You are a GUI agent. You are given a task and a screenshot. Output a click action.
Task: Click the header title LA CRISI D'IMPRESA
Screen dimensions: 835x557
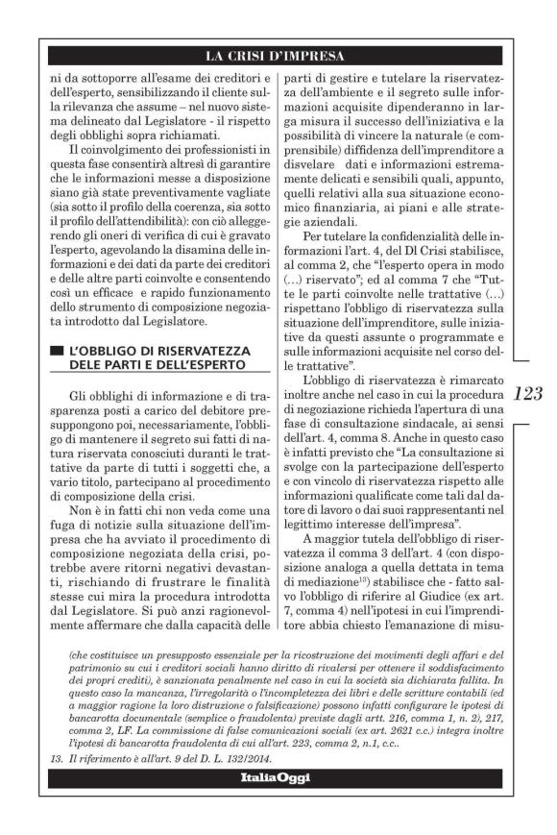pyautogui.click(x=278, y=55)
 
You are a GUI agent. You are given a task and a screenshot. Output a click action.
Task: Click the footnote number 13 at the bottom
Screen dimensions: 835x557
pyautogui.click(x=58, y=758)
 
